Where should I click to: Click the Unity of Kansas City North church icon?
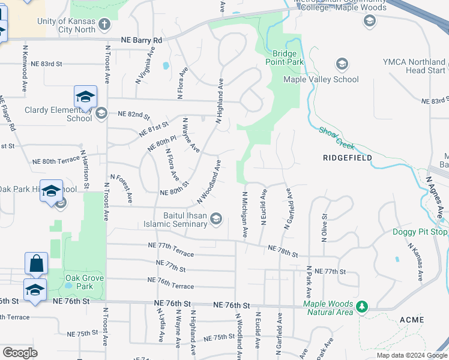point(104,25)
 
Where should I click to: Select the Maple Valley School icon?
point(342,64)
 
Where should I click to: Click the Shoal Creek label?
point(337,138)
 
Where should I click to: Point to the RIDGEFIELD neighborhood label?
point(347,158)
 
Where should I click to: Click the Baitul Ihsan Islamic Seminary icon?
point(215,220)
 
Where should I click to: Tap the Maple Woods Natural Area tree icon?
point(361,307)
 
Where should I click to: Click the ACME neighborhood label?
point(411,320)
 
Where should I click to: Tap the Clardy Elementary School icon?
point(101,112)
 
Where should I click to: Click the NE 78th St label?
point(283,250)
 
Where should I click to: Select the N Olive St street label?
point(324,228)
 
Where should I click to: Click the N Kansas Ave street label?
point(415,262)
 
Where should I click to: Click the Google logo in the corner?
point(20,352)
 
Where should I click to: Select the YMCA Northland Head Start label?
point(414,66)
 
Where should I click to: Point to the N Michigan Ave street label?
point(244,214)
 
